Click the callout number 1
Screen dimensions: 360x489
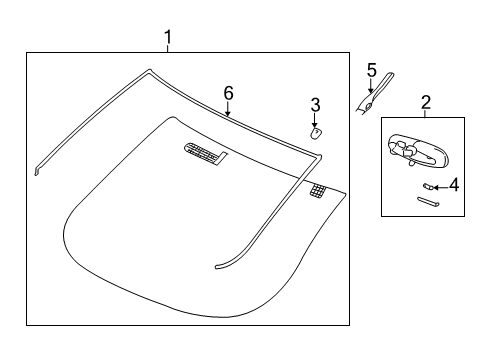168,38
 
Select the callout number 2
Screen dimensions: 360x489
425,102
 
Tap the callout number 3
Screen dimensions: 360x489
314,104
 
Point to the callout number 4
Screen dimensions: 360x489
453,184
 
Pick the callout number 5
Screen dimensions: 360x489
371,69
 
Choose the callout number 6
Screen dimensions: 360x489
228,92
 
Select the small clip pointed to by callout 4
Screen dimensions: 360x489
427,185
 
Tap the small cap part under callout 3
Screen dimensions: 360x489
315,130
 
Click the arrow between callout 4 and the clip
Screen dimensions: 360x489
440,185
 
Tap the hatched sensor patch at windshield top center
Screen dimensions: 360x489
206,152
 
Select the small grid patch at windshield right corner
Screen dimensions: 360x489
319,189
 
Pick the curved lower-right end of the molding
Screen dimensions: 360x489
218,266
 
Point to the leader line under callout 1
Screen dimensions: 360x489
168,50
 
